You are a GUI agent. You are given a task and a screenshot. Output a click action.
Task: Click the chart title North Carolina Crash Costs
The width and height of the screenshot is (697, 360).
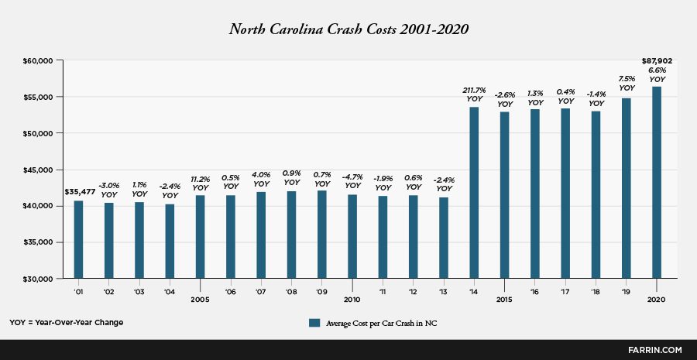(348, 29)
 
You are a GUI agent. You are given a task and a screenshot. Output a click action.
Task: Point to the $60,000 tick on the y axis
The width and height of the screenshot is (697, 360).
(36, 60)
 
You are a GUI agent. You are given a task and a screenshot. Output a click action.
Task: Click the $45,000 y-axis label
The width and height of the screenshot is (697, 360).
(36, 170)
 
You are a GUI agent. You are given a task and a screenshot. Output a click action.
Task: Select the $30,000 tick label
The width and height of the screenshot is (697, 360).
(36, 279)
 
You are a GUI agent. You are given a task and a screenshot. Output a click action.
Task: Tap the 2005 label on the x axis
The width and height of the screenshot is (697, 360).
(200, 299)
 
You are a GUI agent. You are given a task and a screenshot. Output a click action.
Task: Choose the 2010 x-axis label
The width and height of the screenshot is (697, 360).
(352, 299)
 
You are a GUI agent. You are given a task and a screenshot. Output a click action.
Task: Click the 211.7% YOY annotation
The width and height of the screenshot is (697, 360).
(474, 94)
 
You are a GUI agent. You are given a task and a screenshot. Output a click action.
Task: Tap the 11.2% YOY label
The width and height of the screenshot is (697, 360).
(200, 183)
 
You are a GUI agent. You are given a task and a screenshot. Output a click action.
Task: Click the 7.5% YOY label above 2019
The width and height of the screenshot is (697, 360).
(626, 83)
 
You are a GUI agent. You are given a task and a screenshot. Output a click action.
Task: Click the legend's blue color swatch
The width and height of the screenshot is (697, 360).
(314, 323)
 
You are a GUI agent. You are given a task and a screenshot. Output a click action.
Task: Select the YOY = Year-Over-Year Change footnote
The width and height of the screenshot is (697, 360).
(66, 322)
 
